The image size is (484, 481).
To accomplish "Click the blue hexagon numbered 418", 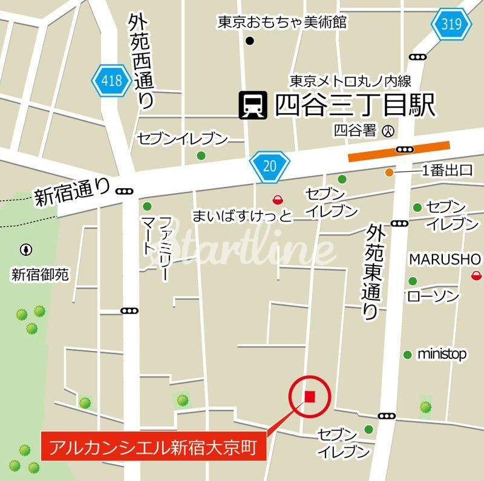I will coord(111,80).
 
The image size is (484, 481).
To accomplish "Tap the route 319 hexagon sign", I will coord(451,24).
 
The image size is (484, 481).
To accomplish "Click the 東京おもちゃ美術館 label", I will coord(282,23).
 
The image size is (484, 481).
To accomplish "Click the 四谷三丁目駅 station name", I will coord(355,106).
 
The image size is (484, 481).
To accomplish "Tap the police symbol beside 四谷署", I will coord(390,130).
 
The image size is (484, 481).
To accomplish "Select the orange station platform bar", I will coord(399,151).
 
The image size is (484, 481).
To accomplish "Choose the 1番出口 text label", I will coord(447,171).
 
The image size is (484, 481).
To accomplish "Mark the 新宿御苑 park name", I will coord(40,275).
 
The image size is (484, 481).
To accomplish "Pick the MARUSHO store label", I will coord(445,259).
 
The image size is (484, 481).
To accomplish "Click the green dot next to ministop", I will coord(408,354).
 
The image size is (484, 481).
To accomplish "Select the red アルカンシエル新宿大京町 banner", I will coord(154,447).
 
